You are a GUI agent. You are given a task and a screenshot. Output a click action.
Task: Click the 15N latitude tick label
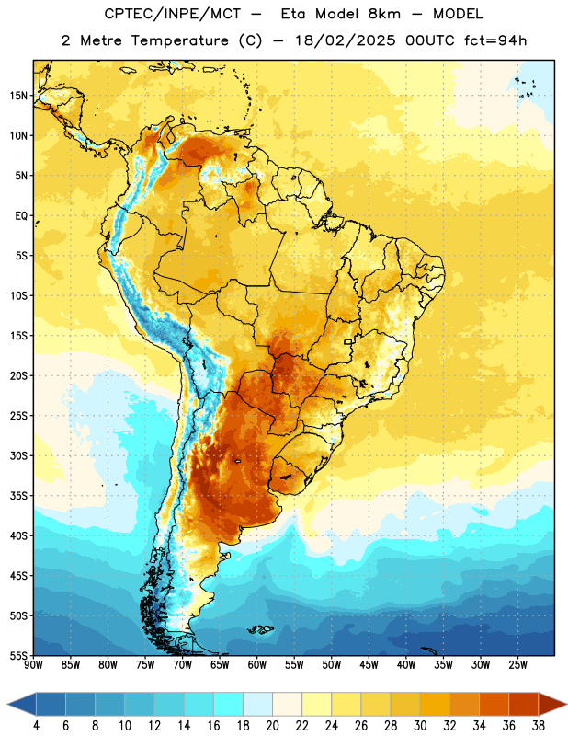(18, 96)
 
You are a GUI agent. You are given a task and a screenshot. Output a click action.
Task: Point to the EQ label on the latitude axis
(21, 216)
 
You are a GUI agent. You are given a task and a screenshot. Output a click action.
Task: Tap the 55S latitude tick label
(18, 655)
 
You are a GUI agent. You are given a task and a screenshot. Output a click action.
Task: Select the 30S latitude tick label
(18, 455)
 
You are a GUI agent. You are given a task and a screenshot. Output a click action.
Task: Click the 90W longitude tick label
(33, 665)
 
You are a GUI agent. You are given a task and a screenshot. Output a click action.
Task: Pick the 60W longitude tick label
(257, 665)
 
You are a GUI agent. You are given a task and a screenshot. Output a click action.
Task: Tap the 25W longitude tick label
(517, 665)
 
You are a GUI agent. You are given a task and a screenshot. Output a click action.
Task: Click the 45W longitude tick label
(369, 665)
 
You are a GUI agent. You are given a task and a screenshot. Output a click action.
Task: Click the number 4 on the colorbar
(37, 726)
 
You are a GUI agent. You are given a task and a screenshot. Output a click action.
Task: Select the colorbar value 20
(272, 726)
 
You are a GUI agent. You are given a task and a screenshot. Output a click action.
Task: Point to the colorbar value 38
(538, 726)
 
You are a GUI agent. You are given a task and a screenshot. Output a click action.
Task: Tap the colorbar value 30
(420, 726)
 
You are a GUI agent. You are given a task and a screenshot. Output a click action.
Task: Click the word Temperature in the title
(179, 40)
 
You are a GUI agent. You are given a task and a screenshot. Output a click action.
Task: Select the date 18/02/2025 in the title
(346, 40)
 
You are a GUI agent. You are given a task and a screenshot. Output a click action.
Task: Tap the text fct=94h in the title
(495, 40)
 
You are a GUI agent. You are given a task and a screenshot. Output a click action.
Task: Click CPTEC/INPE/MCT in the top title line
(172, 14)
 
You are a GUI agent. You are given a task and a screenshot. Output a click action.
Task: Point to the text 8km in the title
(384, 14)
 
